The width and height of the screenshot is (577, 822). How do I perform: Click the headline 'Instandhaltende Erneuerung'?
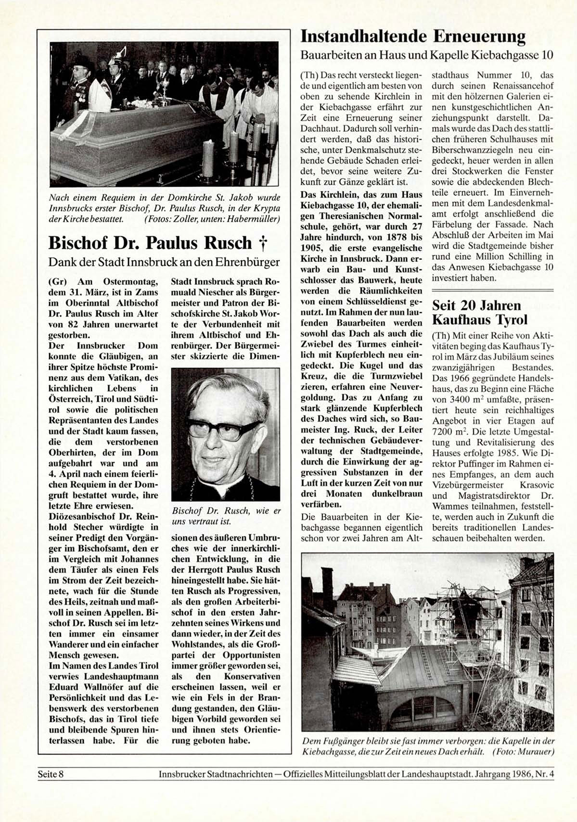tap(413, 37)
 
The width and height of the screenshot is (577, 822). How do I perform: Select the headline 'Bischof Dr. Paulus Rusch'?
tap(150, 243)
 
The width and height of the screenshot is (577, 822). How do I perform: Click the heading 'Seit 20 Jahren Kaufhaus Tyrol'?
tap(480, 313)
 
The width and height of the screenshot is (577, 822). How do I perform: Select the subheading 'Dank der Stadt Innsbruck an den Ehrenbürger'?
tap(164, 263)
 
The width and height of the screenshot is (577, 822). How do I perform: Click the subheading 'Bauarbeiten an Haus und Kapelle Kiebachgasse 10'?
tap(426, 55)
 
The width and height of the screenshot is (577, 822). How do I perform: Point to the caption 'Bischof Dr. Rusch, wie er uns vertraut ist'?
tap(226, 516)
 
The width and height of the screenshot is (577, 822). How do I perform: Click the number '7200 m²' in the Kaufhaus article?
tap(448, 431)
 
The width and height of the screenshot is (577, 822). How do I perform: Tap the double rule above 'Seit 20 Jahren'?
tap(493, 291)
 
